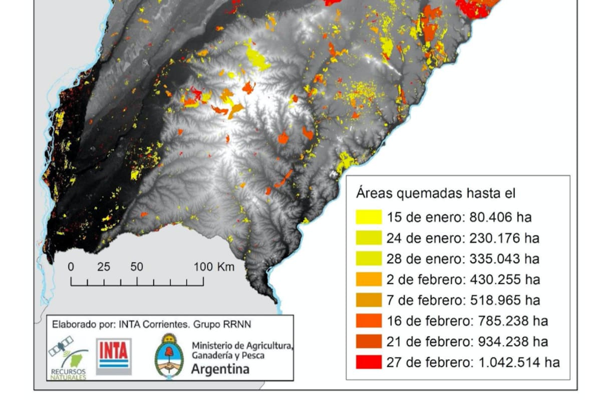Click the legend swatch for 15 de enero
[368, 217]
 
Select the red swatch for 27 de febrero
[368, 362]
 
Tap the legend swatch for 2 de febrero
[368, 279]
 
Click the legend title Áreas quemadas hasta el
[435, 193]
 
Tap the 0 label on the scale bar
[71, 267]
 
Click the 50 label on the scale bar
[136, 267]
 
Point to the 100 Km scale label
[214, 267]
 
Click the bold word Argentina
[220, 369]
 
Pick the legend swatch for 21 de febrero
[368, 341]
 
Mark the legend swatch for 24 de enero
[368, 238]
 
